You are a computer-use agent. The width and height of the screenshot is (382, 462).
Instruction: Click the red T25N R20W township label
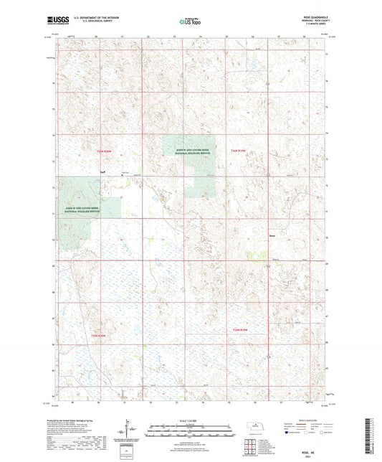pyautogui.click(x=105, y=151)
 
